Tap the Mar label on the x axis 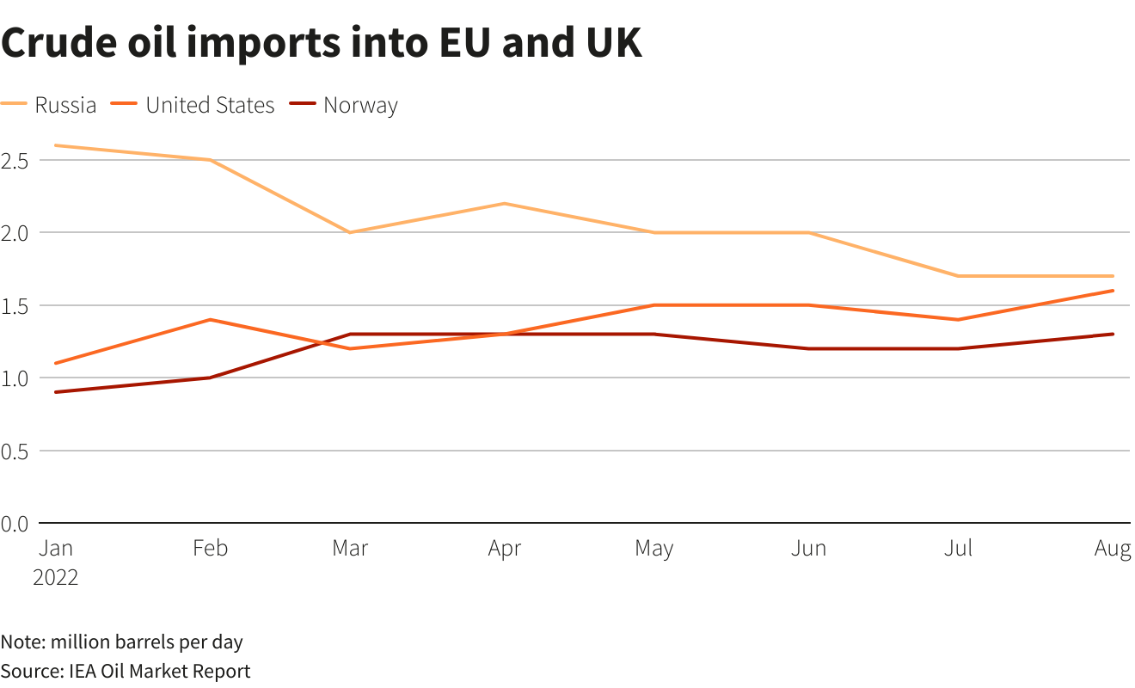pos(350,549)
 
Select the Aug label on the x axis pos(1113,549)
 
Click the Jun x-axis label pos(808,549)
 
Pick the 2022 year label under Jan pos(56,577)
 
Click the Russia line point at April pos(504,204)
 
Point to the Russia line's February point pos(209,160)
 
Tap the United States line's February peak pos(209,320)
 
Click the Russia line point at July pos(957,276)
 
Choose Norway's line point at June pos(808,348)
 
